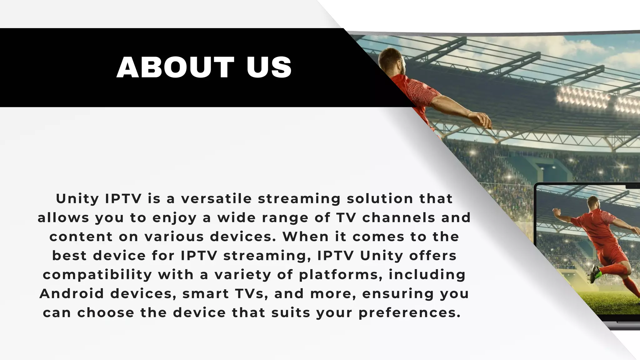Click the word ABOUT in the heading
tap(175, 67)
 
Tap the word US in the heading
tap(269, 67)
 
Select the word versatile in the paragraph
tap(216, 199)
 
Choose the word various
tap(174, 237)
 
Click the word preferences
tap(409, 313)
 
